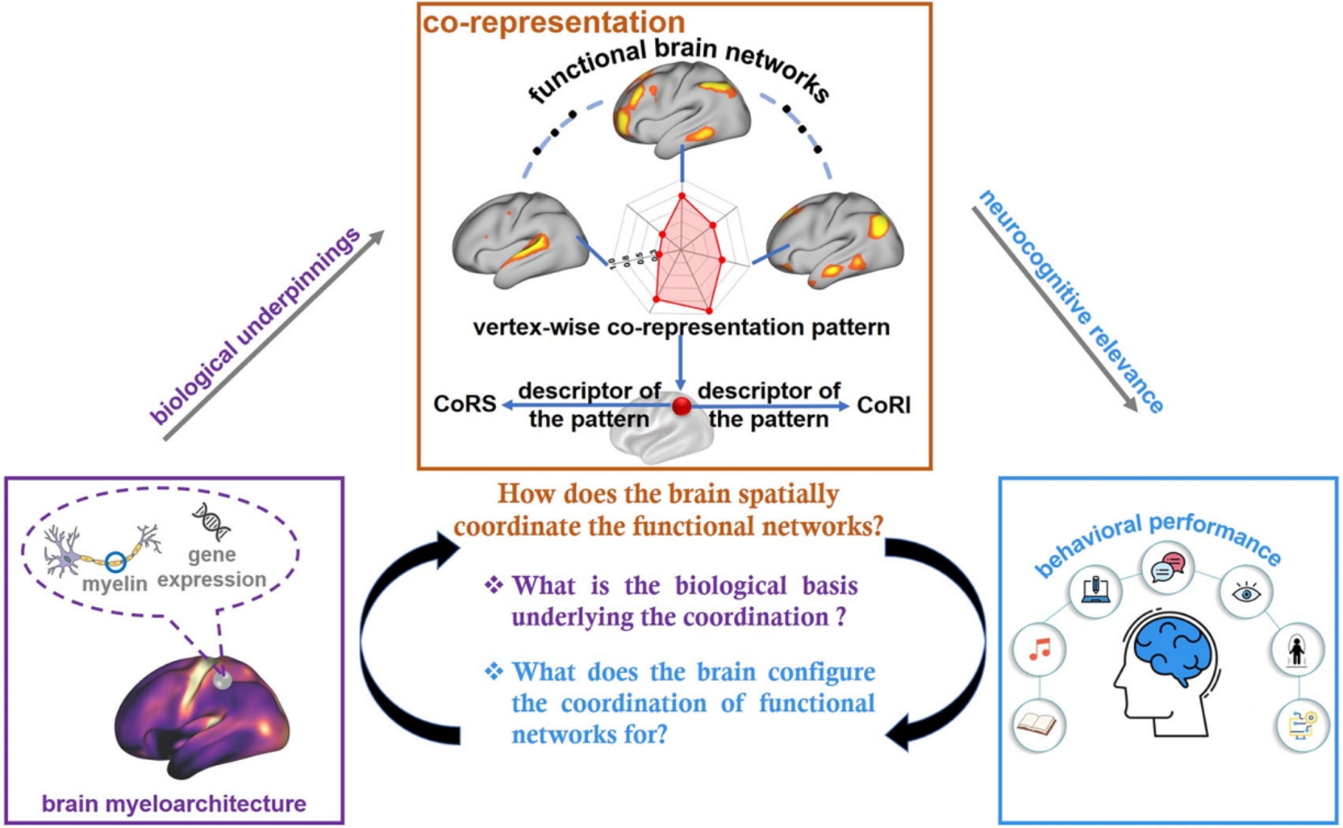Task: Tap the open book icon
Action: click(x=1038, y=724)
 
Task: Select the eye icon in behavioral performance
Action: click(x=1246, y=593)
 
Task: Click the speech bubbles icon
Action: click(x=1168, y=567)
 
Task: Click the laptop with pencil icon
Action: click(x=1095, y=591)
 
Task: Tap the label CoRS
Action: click(x=465, y=404)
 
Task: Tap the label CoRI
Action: click(x=883, y=405)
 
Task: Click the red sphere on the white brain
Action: click(x=682, y=405)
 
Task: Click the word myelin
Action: click(x=115, y=583)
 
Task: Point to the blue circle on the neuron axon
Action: click(x=115, y=562)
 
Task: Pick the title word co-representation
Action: click(x=553, y=22)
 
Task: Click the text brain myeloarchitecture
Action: click(x=173, y=804)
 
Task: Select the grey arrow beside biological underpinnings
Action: click(x=274, y=335)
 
